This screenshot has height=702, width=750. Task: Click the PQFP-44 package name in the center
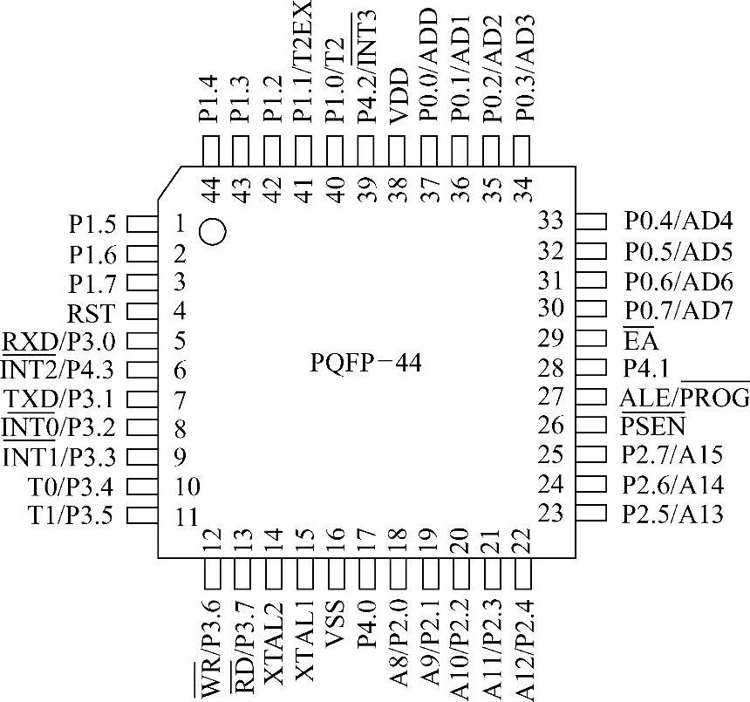pyautogui.click(x=365, y=362)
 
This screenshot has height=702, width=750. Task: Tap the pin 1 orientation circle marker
pyautogui.click(x=213, y=231)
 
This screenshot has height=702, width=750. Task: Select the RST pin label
pyautogui.click(x=91, y=312)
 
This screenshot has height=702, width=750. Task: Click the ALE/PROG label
pyautogui.click(x=685, y=399)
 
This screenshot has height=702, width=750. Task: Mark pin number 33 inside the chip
pyautogui.click(x=550, y=222)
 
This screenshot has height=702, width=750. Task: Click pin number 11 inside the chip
pyautogui.click(x=185, y=515)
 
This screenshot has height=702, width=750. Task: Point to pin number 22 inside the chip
pyautogui.click(x=522, y=541)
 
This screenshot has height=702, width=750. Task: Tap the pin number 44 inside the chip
pyautogui.click(x=210, y=189)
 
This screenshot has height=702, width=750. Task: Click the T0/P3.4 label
pyautogui.click(x=71, y=486)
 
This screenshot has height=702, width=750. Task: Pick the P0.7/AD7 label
pyautogui.click(x=678, y=310)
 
